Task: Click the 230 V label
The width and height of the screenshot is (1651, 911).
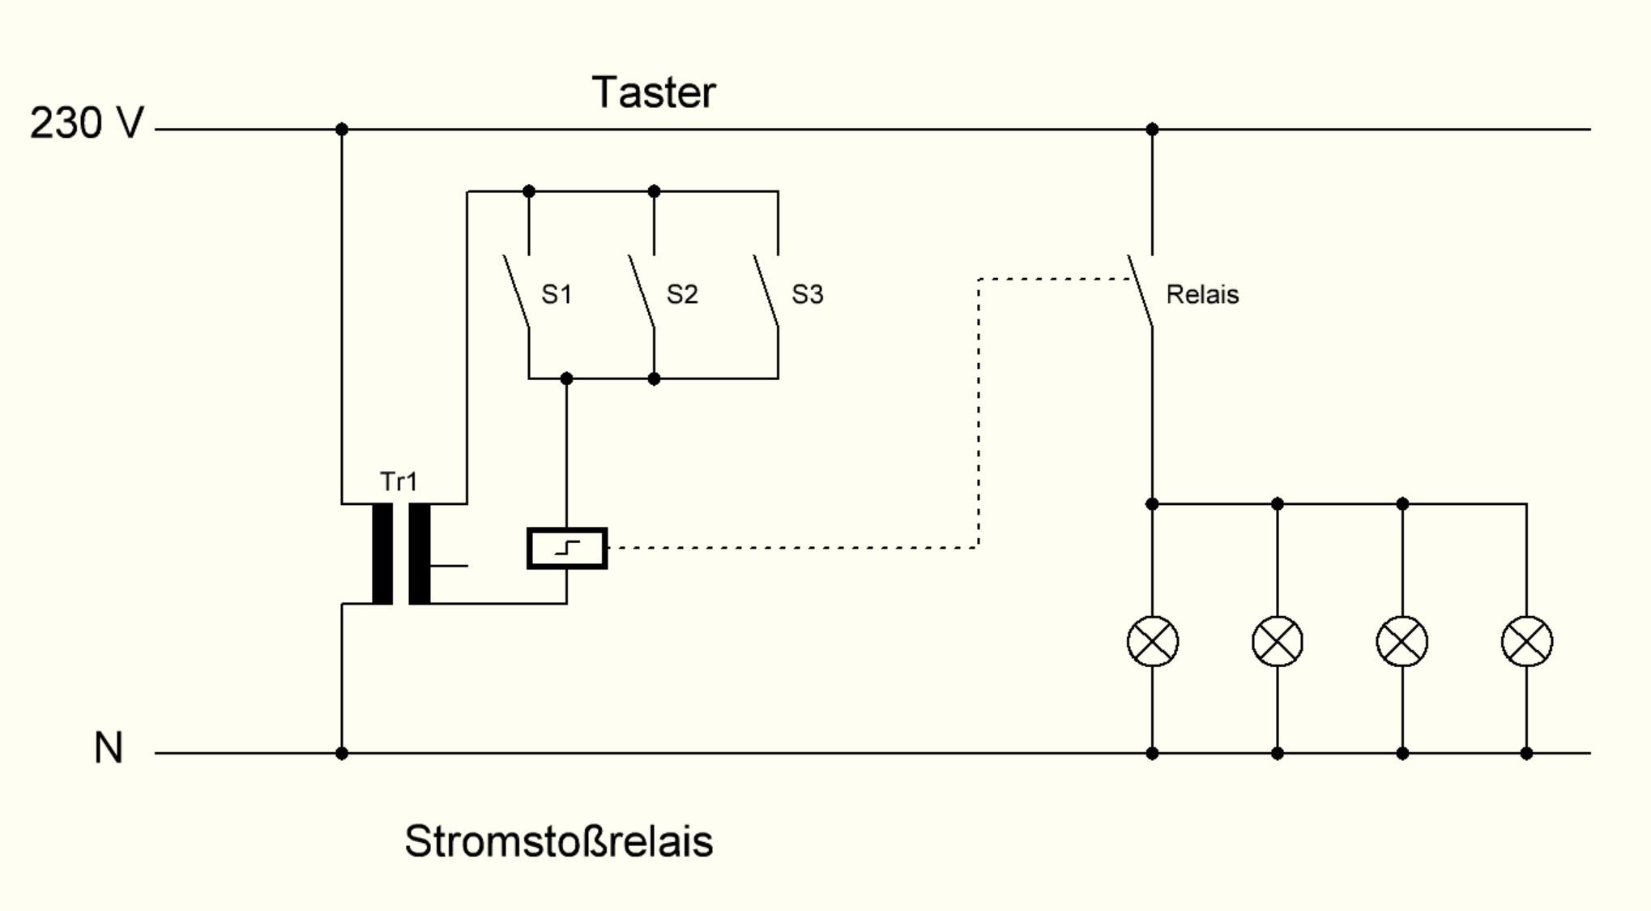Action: (x=87, y=124)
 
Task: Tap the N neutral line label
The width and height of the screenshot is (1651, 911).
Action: (x=109, y=747)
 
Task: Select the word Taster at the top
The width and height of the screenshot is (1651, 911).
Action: (x=654, y=92)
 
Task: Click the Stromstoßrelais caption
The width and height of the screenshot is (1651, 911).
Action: (x=558, y=841)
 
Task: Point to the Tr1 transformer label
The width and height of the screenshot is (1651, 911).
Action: (x=399, y=481)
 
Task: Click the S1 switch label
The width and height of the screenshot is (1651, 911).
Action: (x=557, y=294)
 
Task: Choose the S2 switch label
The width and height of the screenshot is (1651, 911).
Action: (x=682, y=294)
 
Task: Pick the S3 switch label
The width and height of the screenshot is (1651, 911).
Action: (x=807, y=294)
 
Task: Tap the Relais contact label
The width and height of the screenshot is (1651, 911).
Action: (x=1202, y=294)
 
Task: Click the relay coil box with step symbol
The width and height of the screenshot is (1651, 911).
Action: (x=567, y=549)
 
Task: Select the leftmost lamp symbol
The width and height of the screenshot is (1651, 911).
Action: (x=1152, y=642)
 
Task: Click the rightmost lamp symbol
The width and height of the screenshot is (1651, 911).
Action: (x=1526, y=642)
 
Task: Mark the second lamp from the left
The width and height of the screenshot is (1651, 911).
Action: (x=1278, y=642)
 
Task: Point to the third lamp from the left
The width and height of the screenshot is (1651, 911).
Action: (x=1402, y=642)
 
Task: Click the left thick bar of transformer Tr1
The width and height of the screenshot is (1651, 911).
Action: (x=382, y=554)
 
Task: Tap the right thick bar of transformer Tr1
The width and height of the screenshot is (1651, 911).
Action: (x=419, y=554)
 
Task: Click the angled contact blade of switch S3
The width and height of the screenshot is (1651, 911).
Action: (x=766, y=291)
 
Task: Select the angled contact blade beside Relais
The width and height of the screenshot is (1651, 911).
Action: (x=1140, y=291)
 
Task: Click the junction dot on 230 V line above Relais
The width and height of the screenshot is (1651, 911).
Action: (x=1152, y=129)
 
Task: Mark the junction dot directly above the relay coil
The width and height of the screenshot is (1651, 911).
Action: (x=566, y=379)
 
